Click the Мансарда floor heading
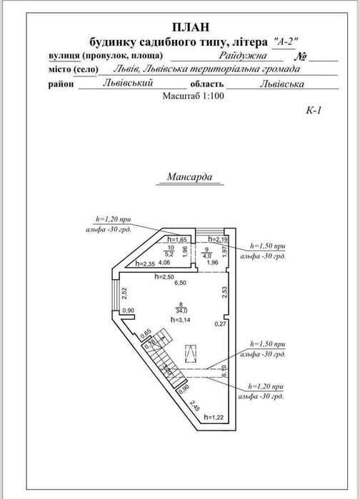194,177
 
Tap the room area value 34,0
182,311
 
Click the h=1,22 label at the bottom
213,416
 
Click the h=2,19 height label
217,239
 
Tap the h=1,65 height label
176,240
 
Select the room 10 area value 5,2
169,253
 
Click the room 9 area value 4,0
207,254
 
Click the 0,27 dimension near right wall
221,324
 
